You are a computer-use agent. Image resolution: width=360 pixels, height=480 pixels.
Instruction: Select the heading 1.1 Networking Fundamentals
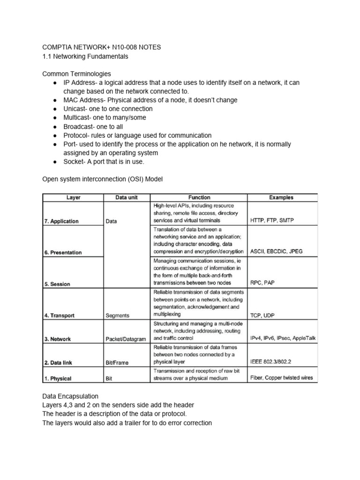(x=85, y=57)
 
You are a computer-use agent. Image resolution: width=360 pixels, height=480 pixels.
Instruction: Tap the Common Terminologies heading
(x=77, y=74)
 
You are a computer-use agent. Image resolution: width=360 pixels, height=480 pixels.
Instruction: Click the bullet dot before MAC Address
(x=55, y=100)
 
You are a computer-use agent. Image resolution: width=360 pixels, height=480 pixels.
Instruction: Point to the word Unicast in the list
(x=75, y=109)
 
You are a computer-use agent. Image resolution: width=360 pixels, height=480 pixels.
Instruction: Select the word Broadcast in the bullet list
(x=78, y=127)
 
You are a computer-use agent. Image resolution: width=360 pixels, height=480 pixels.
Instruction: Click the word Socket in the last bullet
(x=74, y=162)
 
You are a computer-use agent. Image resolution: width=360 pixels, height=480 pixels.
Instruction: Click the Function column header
(x=199, y=197)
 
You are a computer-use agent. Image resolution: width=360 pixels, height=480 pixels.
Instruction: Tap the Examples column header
(x=282, y=197)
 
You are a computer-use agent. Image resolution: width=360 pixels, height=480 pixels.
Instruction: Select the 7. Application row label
(x=61, y=221)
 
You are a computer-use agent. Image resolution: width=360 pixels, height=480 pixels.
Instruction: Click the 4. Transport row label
(x=60, y=315)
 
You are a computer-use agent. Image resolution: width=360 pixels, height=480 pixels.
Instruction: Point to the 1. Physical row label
(x=58, y=378)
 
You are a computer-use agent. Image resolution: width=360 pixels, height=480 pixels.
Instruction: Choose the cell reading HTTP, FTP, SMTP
(x=272, y=220)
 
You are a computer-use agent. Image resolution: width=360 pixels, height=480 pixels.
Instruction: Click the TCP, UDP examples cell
(x=263, y=315)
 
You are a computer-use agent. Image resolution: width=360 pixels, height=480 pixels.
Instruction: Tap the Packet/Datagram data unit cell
(x=126, y=339)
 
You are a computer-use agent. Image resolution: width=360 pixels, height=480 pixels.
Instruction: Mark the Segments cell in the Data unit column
(x=118, y=315)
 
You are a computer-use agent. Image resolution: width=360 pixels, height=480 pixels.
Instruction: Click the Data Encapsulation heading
(x=71, y=396)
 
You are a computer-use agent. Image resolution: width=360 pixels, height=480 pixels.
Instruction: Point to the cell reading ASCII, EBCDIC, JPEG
(x=277, y=252)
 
